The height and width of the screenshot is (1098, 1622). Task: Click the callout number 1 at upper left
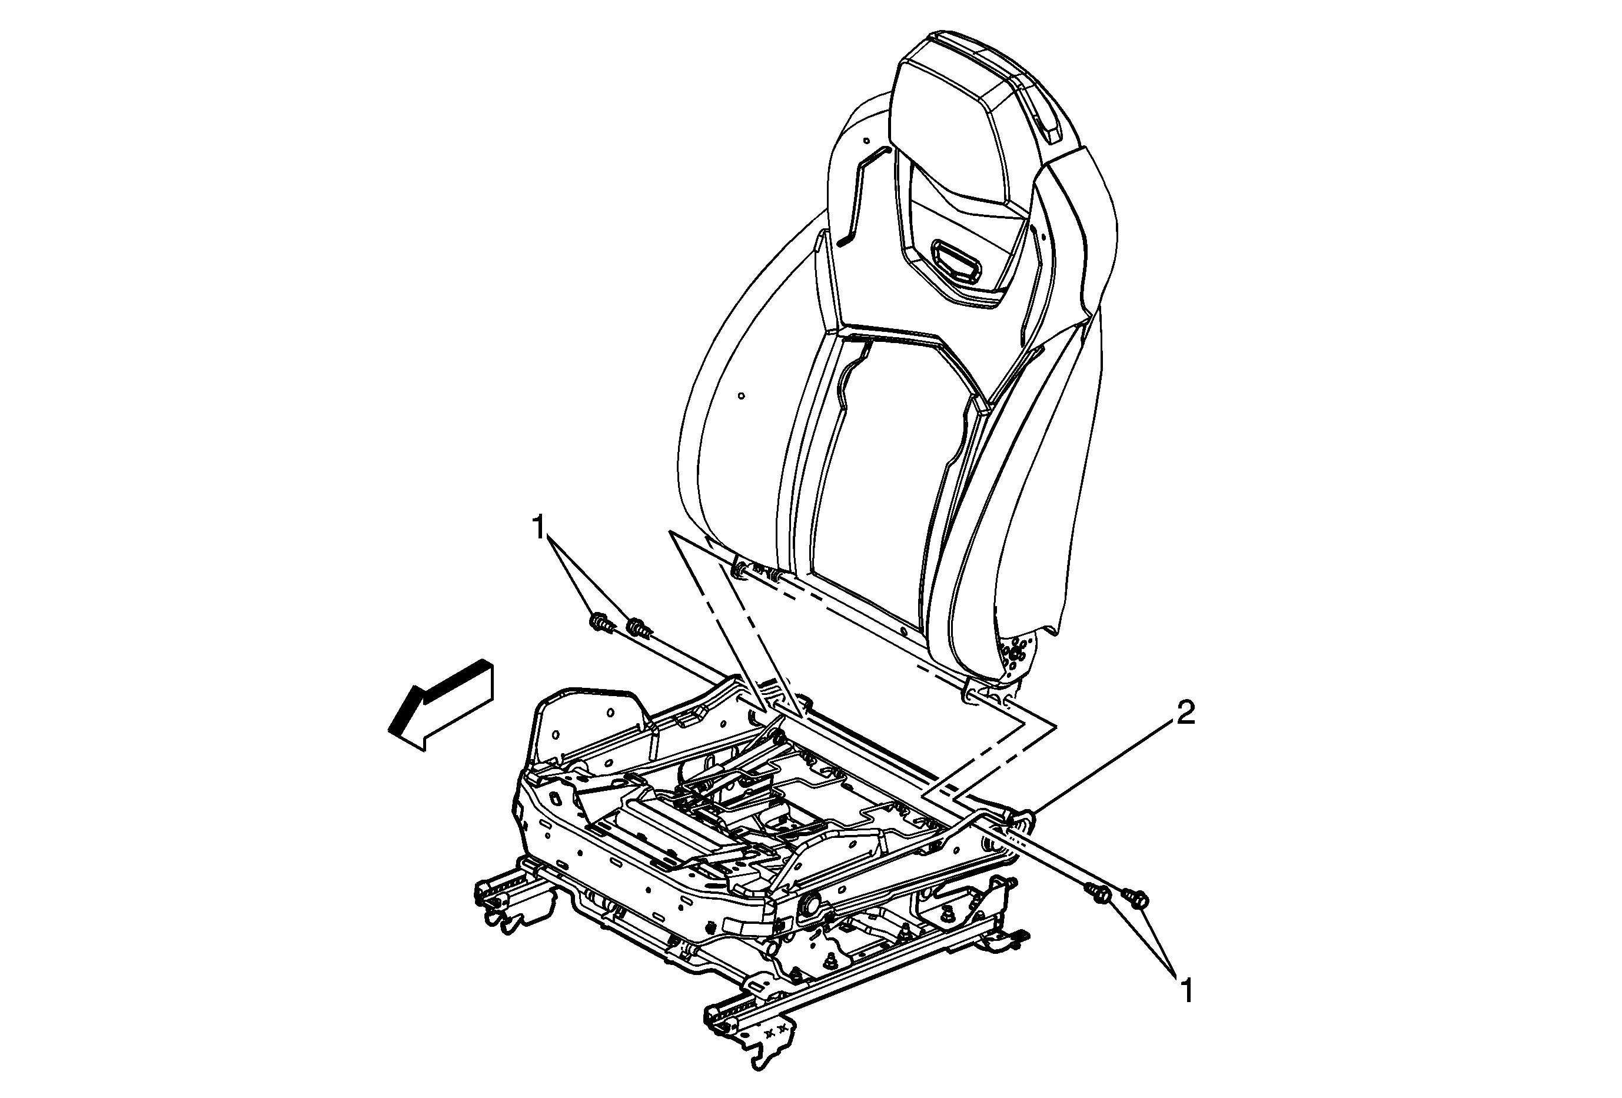pyautogui.click(x=538, y=528)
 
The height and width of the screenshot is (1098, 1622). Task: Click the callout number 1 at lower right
pyautogui.click(x=1186, y=990)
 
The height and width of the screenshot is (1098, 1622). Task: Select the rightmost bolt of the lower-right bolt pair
pyautogui.click(x=1135, y=899)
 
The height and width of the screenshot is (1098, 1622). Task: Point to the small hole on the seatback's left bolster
pyautogui.click(x=740, y=398)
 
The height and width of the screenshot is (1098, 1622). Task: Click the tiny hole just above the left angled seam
pyautogui.click(x=866, y=140)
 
